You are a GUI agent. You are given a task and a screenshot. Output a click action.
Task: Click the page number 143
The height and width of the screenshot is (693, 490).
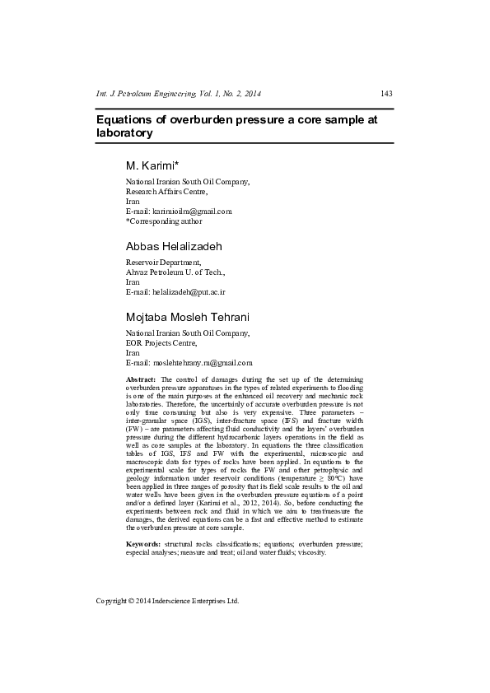(386, 93)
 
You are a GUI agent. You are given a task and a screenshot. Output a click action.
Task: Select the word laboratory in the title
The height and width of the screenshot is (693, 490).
(124, 133)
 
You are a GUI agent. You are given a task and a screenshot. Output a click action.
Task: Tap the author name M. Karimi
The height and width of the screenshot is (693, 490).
(150, 166)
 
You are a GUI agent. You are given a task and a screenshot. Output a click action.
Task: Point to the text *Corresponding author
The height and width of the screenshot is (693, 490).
(163, 221)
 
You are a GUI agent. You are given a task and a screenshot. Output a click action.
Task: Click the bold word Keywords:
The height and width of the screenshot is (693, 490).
(142, 544)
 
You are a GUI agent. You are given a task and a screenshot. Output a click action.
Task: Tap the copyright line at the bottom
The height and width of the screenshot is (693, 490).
(167, 601)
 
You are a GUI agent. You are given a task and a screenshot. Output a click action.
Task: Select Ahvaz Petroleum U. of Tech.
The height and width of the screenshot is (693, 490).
(175, 272)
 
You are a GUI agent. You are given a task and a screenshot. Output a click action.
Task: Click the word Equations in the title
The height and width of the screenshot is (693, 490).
(126, 119)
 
